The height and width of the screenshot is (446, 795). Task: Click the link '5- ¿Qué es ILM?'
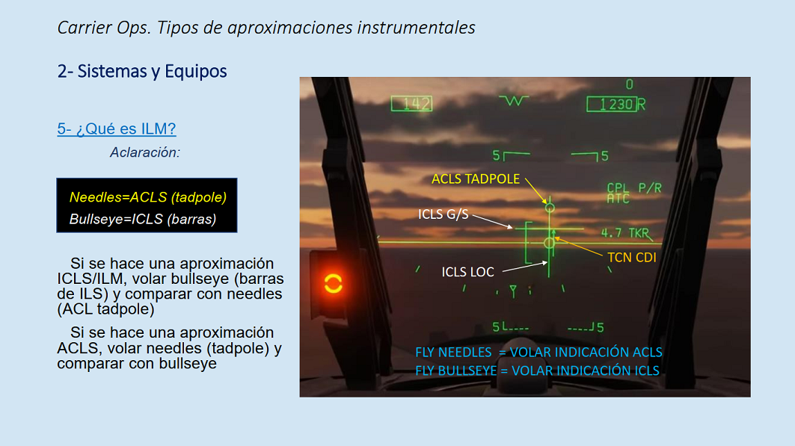[117, 128]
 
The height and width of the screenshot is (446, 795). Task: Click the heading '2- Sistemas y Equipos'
[142, 72]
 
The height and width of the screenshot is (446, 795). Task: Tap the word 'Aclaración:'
[145, 152]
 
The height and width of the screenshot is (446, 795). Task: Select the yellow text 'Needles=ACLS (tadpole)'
[148, 197]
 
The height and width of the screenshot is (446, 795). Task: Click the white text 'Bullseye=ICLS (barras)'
[143, 219]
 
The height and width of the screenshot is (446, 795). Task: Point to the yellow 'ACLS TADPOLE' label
[476, 179]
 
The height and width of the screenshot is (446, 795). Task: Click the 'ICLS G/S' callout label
[443, 214]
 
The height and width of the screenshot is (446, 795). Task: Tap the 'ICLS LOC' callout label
[467, 272]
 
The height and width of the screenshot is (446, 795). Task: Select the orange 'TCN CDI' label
[632, 258]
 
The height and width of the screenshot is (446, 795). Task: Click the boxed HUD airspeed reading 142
[411, 104]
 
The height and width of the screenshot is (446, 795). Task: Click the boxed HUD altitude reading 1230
[612, 105]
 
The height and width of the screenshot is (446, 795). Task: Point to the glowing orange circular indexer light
[333, 283]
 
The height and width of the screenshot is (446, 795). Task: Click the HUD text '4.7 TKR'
[625, 233]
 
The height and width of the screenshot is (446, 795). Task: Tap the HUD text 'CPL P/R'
[634, 188]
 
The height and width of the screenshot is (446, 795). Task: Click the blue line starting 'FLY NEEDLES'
[538, 352]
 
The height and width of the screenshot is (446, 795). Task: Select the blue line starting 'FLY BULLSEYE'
[537, 371]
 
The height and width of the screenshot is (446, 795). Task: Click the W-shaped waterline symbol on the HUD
[514, 101]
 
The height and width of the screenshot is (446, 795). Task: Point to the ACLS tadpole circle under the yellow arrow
[550, 208]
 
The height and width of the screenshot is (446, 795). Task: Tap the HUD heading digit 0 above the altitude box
[629, 84]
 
